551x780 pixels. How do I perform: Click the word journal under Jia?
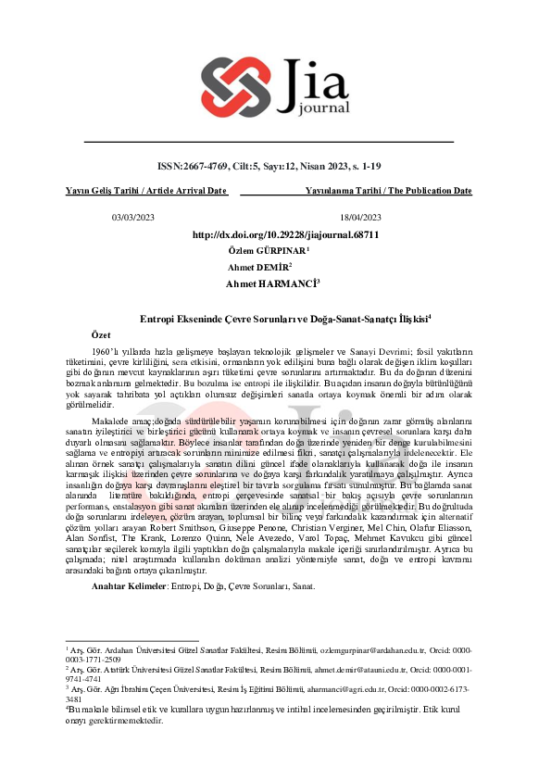[319, 107]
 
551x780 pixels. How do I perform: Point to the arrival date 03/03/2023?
[133, 217]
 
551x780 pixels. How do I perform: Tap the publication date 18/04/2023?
[360, 217]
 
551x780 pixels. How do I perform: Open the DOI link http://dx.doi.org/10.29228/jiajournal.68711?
[285, 235]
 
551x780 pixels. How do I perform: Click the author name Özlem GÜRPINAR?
[267, 251]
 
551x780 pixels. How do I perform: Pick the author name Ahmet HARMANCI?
[270, 282]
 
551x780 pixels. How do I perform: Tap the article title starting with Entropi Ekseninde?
[273, 317]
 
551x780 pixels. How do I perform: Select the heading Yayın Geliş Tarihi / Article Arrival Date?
[146, 191]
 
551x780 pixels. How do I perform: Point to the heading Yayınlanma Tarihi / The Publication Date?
[388, 191]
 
